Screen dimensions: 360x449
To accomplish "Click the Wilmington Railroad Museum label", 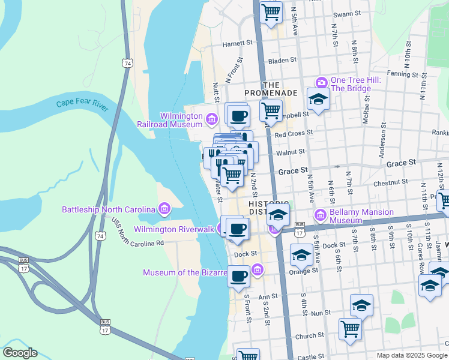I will [x=181, y=120].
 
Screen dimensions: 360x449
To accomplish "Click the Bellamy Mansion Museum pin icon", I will [x=320, y=214].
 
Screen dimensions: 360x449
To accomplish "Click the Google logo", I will [x=20, y=353].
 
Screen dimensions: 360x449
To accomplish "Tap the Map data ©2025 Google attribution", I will [x=411, y=355].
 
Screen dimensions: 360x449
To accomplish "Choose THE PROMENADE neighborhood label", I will [x=271, y=89].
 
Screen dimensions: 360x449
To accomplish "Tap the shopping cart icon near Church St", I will [x=351, y=328].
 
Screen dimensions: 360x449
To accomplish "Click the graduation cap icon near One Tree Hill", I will [x=318, y=98].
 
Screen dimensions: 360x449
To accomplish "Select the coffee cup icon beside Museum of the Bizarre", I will [x=239, y=277].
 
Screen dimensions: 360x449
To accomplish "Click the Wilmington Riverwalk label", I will [x=174, y=229].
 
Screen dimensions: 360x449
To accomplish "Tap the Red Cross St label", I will [x=294, y=133].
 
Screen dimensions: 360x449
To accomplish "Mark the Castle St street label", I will [x=311, y=357].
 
